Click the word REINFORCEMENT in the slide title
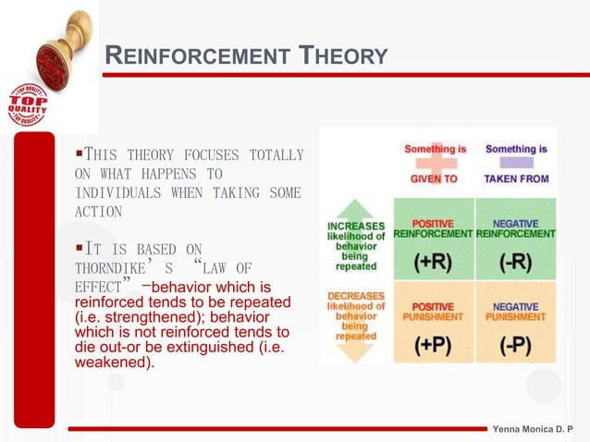tap(195, 56)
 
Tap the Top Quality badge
tap(27, 104)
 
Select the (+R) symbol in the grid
tap(433, 262)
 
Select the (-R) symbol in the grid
tap(514, 262)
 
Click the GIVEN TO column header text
tap(434, 178)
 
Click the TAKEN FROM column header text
tap(516, 178)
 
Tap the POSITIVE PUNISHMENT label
tap(433, 311)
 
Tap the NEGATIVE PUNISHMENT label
tap(515, 311)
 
